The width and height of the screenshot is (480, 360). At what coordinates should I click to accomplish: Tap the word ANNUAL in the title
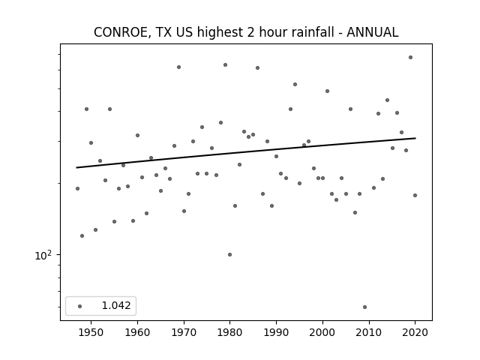(x=372, y=32)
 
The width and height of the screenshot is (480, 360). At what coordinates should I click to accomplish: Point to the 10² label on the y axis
(x=43, y=255)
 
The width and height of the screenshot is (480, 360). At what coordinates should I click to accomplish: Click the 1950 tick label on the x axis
(x=91, y=332)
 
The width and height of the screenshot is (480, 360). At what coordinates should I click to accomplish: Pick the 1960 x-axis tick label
(x=137, y=332)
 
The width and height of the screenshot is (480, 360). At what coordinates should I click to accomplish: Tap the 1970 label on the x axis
(x=184, y=332)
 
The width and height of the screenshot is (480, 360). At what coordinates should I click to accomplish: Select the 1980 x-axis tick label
(x=230, y=332)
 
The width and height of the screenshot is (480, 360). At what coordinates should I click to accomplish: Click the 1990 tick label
(x=277, y=332)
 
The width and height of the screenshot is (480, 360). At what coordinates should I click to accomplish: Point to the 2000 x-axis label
(x=322, y=332)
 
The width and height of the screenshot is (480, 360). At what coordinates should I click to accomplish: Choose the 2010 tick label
(x=369, y=332)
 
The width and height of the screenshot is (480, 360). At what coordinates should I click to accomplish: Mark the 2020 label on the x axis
(x=415, y=332)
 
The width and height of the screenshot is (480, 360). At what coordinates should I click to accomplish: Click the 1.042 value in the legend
(x=116, y=305)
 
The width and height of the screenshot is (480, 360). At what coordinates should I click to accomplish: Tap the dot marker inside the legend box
(x=80, y=306)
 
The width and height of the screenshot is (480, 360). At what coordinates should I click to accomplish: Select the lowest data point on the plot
(x=364, y=307)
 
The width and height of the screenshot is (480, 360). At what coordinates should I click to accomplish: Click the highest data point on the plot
(x=410, y=57)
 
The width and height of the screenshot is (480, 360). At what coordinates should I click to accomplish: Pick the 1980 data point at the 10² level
(x=230, y=254)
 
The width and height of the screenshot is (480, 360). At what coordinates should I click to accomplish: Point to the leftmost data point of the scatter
(x=77, y=188)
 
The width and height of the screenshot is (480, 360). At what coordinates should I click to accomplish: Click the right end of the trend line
(x=415, y=138)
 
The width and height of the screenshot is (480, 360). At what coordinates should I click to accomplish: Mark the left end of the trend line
(x=76, y=167)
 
